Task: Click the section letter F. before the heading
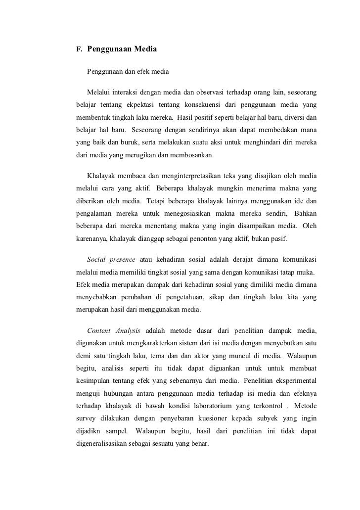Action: (x=78, y=50)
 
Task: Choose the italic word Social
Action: (x=96, y=261)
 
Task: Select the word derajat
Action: (x=239, y=261)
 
